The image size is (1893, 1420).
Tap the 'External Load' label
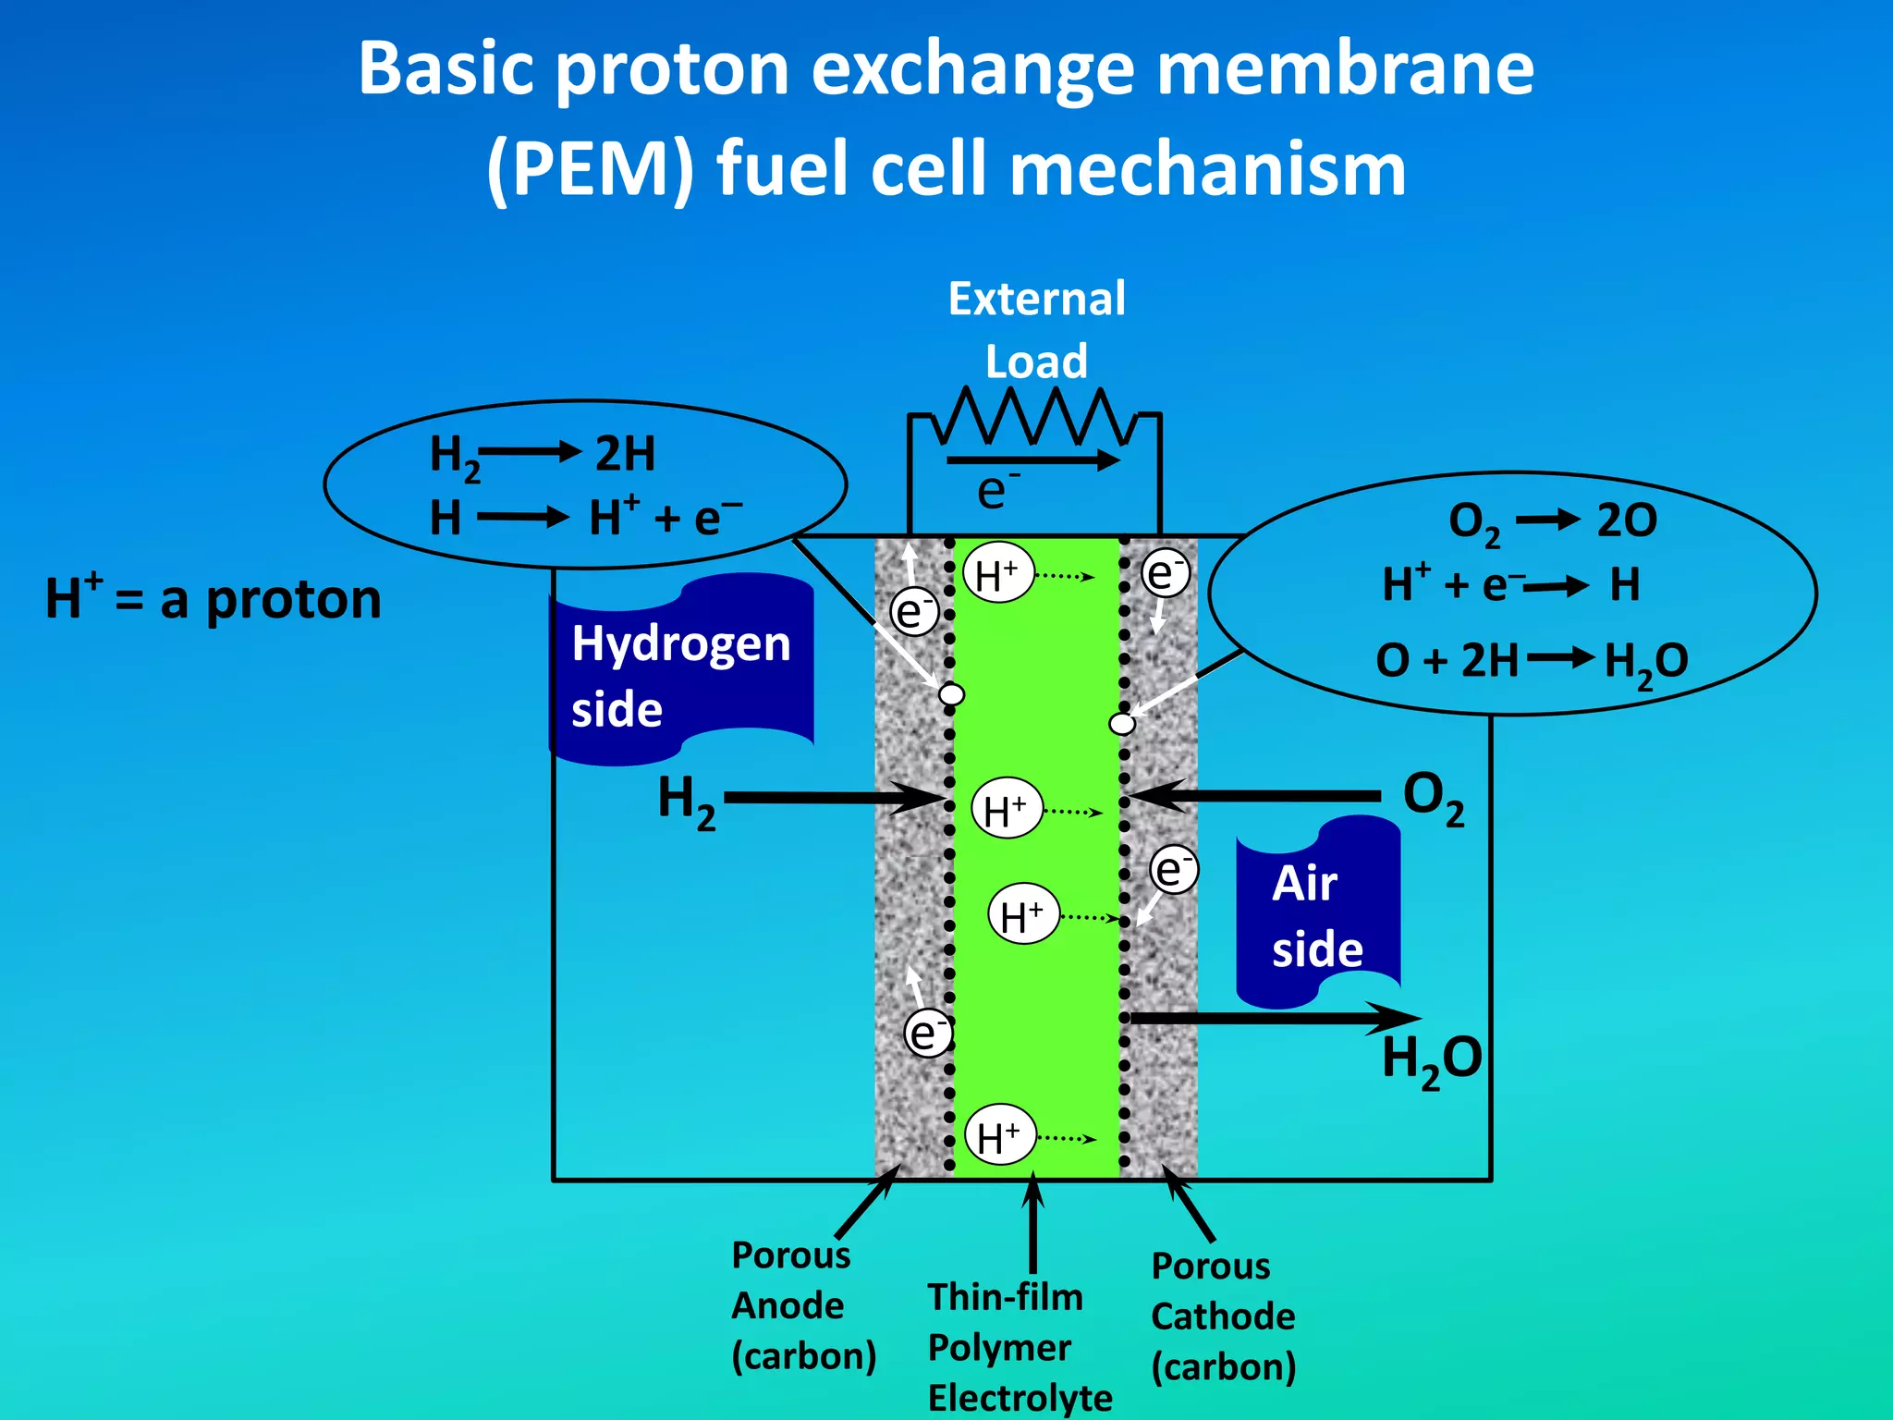point(1037,330)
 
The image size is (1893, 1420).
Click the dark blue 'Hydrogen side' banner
point(682,671)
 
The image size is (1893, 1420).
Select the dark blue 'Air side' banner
point(1318,914)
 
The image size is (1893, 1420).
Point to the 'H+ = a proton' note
point(214,598)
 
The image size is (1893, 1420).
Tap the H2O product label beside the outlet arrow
point(1432,1059)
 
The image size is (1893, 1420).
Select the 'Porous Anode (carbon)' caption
point(802,1305)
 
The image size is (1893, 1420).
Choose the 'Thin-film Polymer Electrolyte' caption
point(1020,1347)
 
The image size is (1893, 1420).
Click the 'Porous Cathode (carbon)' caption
point(1223,1316)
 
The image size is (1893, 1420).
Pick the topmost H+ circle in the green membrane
point(997,575)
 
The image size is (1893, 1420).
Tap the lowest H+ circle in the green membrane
point(999,1136)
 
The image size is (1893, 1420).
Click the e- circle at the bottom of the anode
point(927,1033)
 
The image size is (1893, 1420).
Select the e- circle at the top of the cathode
point(1165,573)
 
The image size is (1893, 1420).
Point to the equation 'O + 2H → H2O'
point(1532,660)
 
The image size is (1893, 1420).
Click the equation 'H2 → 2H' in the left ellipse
point(543,454)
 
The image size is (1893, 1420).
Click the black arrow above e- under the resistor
point(1032,459)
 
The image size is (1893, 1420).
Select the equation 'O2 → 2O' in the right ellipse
point(1553,520)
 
